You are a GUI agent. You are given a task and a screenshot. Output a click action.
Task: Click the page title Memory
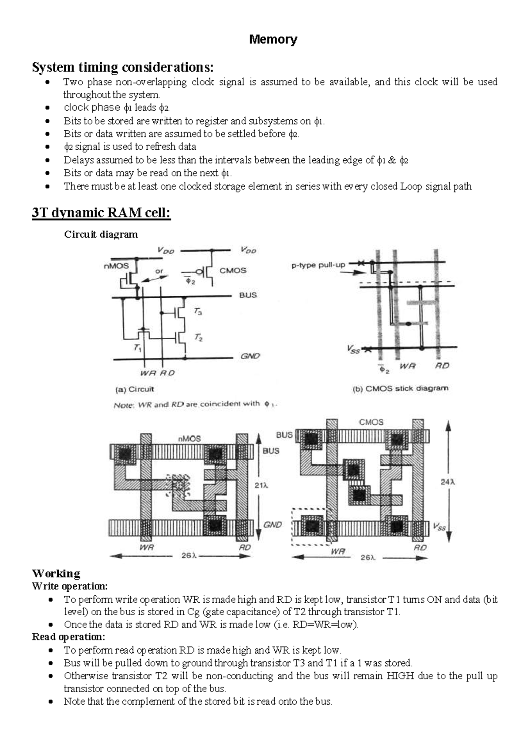pos(273,39)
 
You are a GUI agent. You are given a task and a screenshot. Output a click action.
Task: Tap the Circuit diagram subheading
pos(101,234)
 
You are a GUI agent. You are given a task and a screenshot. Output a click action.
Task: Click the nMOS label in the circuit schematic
pos(117,265)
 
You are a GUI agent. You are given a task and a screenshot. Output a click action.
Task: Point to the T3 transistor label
pos(198,312)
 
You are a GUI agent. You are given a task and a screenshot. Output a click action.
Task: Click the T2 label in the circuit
pos(199,338)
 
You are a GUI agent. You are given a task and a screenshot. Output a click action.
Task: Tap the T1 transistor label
pos(137,348)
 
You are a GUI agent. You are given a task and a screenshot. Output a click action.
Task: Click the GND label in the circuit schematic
pos(250,356)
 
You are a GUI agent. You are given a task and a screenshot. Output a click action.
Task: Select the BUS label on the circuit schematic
pos(248,295)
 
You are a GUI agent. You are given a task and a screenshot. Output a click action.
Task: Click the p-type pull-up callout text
pos(318,265)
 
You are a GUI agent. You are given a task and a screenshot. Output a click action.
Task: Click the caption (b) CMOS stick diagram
pos(400,389)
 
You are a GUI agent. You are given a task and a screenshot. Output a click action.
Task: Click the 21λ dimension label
pos(261,485)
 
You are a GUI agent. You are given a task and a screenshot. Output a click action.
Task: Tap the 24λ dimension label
pos(448,482)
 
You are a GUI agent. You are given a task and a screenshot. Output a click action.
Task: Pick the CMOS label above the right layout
pos(371,422)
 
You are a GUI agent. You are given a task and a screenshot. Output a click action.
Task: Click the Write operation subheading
pos(70,586)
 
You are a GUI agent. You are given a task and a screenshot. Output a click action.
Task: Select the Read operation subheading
pos(68,637)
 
